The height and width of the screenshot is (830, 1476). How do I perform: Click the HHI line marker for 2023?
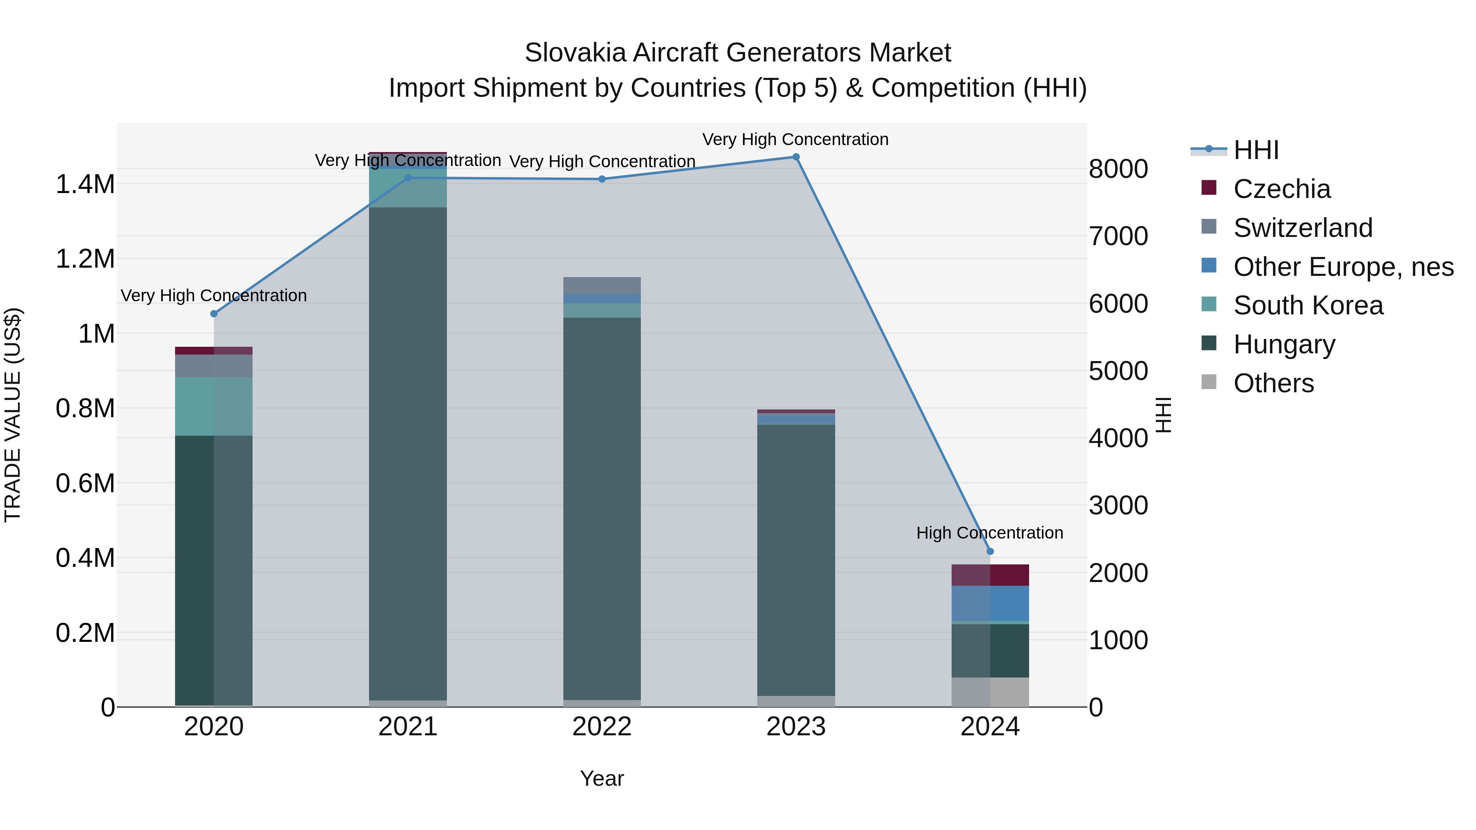796,157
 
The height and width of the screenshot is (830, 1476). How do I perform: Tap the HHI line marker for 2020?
214,314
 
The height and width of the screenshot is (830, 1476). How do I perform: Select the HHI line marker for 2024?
990,552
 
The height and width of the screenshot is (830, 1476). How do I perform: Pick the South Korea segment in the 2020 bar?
214,406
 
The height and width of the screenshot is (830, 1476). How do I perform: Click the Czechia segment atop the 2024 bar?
990,575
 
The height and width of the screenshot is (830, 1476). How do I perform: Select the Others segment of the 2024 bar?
990,692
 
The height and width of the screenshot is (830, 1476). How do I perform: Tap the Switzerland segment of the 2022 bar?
601,285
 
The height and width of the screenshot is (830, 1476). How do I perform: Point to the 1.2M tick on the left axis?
85,259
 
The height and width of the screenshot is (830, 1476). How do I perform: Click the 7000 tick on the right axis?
1118,236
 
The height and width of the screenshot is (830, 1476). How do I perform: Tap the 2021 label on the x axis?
408,727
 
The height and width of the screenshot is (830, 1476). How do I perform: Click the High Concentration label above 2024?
990,533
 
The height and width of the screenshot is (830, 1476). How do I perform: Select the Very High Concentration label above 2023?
795,139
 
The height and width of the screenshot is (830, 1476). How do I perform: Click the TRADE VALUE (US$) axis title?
13,415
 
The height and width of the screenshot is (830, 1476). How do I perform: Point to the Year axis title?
601,778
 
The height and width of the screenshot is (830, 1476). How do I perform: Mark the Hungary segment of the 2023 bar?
796,559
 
